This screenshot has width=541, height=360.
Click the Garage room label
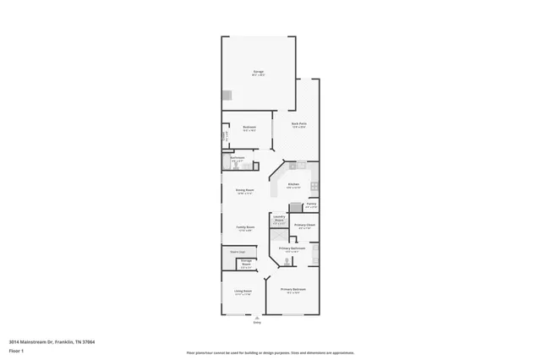coord(258,72)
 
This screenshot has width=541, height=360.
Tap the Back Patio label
coord(299,124)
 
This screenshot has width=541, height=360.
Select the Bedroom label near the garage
coord(249,128)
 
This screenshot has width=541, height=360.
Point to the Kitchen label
coord(293,184)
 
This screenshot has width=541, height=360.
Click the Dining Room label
coord(245,190)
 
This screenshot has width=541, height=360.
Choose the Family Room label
coord(245,227)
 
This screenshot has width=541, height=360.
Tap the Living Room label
coord(243,292)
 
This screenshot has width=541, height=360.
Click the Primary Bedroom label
coord(293,289)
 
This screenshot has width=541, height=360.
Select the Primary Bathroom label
coord(292,248)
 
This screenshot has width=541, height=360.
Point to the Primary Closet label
coord(305,224)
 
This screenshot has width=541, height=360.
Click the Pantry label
coord(311,204)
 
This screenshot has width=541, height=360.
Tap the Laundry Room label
coord(278,219)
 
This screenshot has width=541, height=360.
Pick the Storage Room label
coord(245,264)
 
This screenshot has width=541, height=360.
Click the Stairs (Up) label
coord(238,251)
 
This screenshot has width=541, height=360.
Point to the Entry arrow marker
coord(257,317)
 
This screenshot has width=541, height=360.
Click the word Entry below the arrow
coord(257,323)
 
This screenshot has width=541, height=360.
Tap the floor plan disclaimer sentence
coord(270,352)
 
